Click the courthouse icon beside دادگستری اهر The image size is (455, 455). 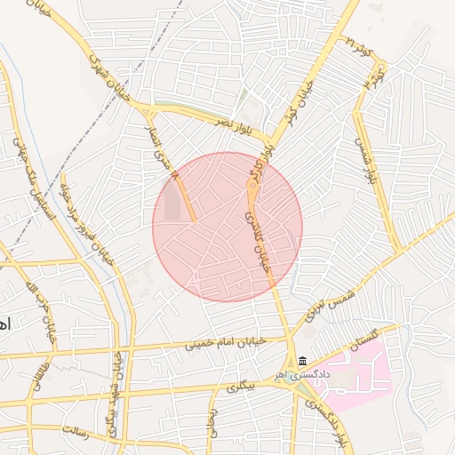click(303, 362)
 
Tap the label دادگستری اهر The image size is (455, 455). click(331, 375)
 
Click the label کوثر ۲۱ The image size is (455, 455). click(359, 45)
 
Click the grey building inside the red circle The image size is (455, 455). click(172, 204)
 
